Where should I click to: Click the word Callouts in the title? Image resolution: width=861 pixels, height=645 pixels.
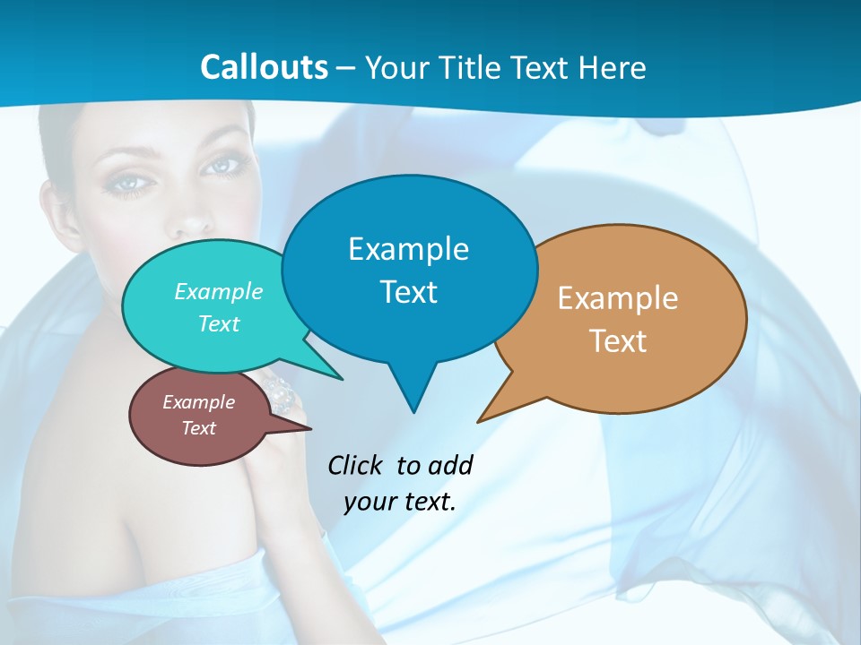264,67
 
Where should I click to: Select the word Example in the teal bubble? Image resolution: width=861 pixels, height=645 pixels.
219,291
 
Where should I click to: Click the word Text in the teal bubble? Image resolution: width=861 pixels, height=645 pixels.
219,323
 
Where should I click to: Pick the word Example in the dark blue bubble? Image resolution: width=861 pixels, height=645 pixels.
408,249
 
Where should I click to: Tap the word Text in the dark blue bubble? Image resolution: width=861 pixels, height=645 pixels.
408,292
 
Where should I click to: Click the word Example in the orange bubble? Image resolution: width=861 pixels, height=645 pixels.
618,298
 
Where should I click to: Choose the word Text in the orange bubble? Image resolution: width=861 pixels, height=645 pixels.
618,341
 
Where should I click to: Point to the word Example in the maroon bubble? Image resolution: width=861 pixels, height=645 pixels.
198,402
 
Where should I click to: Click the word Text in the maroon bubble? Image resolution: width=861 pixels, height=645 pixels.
198,428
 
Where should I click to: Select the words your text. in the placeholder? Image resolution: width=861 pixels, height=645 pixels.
400,502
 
